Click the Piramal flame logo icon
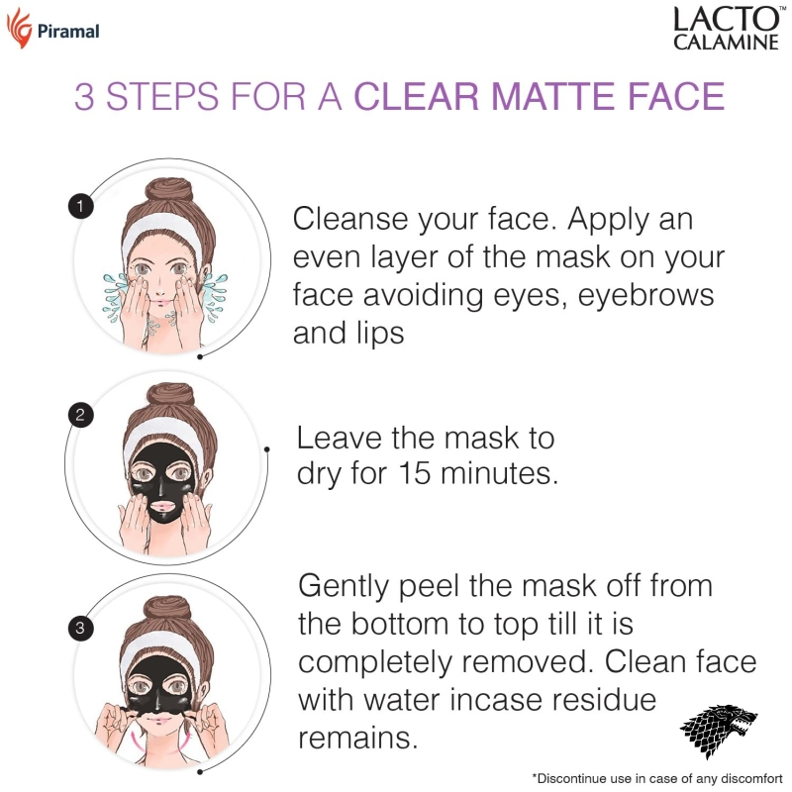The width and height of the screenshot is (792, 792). [x=19, y=29]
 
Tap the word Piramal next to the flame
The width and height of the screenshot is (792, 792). [x=68, y=32]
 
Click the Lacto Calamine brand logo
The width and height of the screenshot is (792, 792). [x=728, y=29]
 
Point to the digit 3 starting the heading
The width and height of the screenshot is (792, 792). [x=84, y=96]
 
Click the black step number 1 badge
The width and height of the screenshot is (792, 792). [x=80, y=206]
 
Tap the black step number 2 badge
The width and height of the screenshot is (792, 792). [x=80, y=415]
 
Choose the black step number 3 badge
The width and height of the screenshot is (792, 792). [x=80, y=628]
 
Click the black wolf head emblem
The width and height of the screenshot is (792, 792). [x=720, y=731]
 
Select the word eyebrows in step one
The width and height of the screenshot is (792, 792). [x=645, y=295]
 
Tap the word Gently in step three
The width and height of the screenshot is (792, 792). [x=344, y=587]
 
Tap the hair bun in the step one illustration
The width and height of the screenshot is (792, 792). [x=169, y=191]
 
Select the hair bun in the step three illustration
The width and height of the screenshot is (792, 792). [x=167, y=609]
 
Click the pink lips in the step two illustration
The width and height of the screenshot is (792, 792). [x=162, y=506]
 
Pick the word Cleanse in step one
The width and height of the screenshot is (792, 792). [x=350, y=219]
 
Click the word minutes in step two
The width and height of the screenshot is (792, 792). [x=499, y=473]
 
